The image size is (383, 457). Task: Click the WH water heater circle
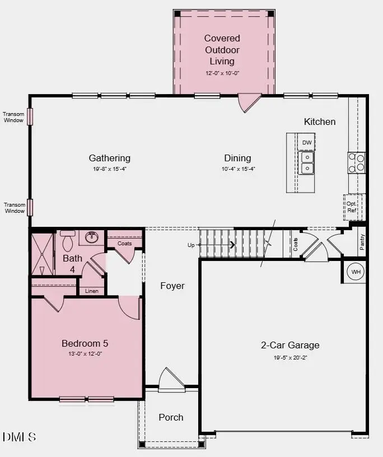click(x=356, y=272)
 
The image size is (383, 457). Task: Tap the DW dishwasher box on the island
click(x=307, y=143)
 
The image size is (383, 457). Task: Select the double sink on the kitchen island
click(x=307, y=163)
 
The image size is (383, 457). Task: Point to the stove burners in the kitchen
click(x=357, y=162)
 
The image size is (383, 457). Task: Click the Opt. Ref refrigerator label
click(x=352, y=207)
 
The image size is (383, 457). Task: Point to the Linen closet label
click(x=92, y=291)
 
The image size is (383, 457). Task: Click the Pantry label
click(x=362, y=241)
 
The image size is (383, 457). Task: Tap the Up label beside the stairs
click(x=191, y=245)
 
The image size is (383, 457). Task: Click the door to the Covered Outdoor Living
click(x=249, y=103)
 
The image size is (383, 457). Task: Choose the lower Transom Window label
click(x=15, y=208)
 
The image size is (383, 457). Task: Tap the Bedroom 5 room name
click(x=85, y=343)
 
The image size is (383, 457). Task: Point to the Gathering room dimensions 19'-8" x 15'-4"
click(x=109, y=169)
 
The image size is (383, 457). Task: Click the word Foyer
click(x=172, y=286)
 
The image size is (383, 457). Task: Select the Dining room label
click(x=237, y=158)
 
